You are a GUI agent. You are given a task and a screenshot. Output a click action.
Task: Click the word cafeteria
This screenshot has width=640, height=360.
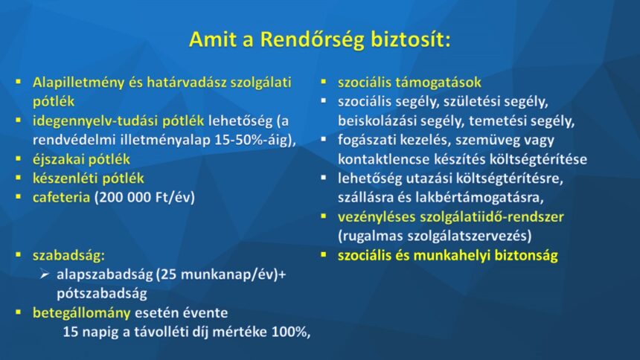[61, 198]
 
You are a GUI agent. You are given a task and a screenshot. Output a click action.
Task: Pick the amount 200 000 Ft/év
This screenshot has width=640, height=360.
[144, 198]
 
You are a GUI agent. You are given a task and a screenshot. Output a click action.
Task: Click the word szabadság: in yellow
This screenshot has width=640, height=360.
[68, 256]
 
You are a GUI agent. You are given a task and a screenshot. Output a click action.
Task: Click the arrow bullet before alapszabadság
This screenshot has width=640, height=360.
[45, 274]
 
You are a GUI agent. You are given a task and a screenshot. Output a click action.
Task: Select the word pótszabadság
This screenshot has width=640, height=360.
[102, 294]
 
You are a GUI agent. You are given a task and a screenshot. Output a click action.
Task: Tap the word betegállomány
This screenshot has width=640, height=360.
[82, 313]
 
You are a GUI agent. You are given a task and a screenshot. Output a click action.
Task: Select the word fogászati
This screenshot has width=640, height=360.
[365, 141]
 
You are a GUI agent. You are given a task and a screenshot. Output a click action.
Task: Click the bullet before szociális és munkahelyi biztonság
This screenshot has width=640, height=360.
[324, 255]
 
